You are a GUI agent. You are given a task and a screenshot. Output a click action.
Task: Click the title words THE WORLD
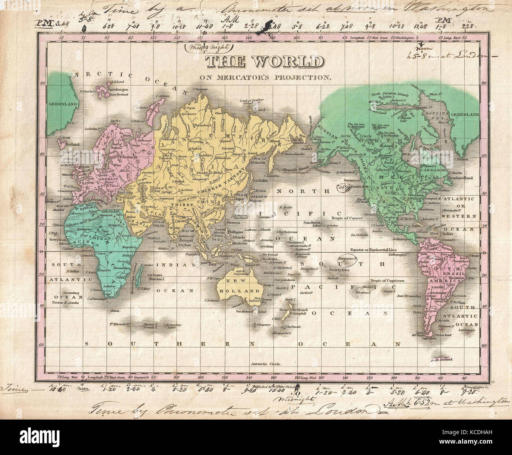click(265, 62)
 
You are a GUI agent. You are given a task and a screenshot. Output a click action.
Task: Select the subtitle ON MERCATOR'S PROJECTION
click(265, 78)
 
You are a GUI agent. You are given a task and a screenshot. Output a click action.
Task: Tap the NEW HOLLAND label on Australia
click(241, 287)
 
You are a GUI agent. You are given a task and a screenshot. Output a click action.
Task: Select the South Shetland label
click(442, 359)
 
